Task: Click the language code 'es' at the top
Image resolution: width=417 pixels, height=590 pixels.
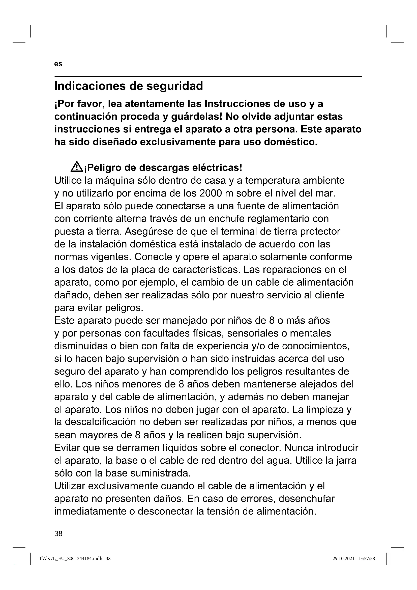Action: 58,64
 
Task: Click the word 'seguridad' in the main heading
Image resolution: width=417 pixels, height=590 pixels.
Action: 175,86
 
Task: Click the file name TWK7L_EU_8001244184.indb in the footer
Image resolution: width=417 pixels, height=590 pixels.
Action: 71,558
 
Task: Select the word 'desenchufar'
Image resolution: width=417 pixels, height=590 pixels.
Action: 307,498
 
